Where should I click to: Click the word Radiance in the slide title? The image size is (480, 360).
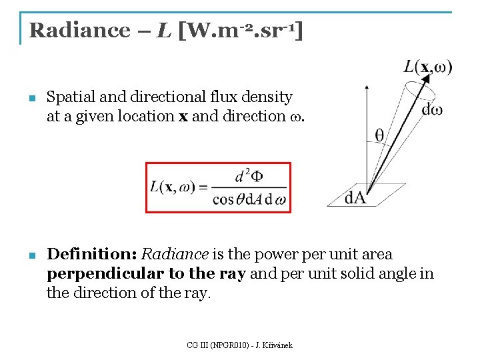coord(81,30)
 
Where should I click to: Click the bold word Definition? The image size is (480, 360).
coord(92,255)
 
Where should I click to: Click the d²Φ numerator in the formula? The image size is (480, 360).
coord(249,177)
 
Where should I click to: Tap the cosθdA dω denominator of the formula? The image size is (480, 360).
coord(249,199)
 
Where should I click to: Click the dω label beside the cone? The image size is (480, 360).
coord(432,109)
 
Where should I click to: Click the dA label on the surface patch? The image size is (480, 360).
coord(355,197)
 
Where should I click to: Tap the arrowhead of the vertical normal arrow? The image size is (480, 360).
coord(365,87)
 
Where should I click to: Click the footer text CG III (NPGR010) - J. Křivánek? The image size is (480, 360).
coord(240,345)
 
